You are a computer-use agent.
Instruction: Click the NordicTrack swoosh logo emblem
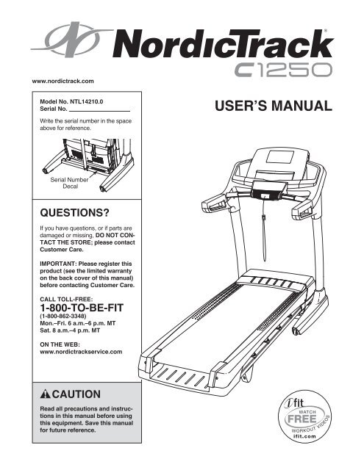pos(72,39)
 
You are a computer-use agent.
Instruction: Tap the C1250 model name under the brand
pos(283,70)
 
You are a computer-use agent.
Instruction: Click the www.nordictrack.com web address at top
pos(63,82)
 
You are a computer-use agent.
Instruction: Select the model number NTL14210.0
pos(87,101)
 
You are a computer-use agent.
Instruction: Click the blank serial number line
pos(99,111)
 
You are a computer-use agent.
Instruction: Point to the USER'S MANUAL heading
pos(274,106)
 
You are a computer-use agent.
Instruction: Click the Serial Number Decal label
pos(70,183)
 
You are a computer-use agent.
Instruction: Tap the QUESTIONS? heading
pos(75,213)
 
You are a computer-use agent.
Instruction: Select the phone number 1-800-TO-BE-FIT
pos(82,308)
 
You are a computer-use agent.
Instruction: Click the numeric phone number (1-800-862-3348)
pos(63,317)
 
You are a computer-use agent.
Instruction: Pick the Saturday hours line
pos(70,330)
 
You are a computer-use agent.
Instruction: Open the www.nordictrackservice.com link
pos(81,352)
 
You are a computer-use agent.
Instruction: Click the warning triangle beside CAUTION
pos(46,394)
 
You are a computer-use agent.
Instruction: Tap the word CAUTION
pos(76,394)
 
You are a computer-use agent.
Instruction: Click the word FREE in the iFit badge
pos(302,419)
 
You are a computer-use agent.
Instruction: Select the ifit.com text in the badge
pos(304,436)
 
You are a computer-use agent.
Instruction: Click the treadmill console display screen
pos(281,157)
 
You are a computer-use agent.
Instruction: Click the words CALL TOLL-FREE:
pos(66,299)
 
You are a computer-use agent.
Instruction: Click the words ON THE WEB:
pos(60,344)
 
